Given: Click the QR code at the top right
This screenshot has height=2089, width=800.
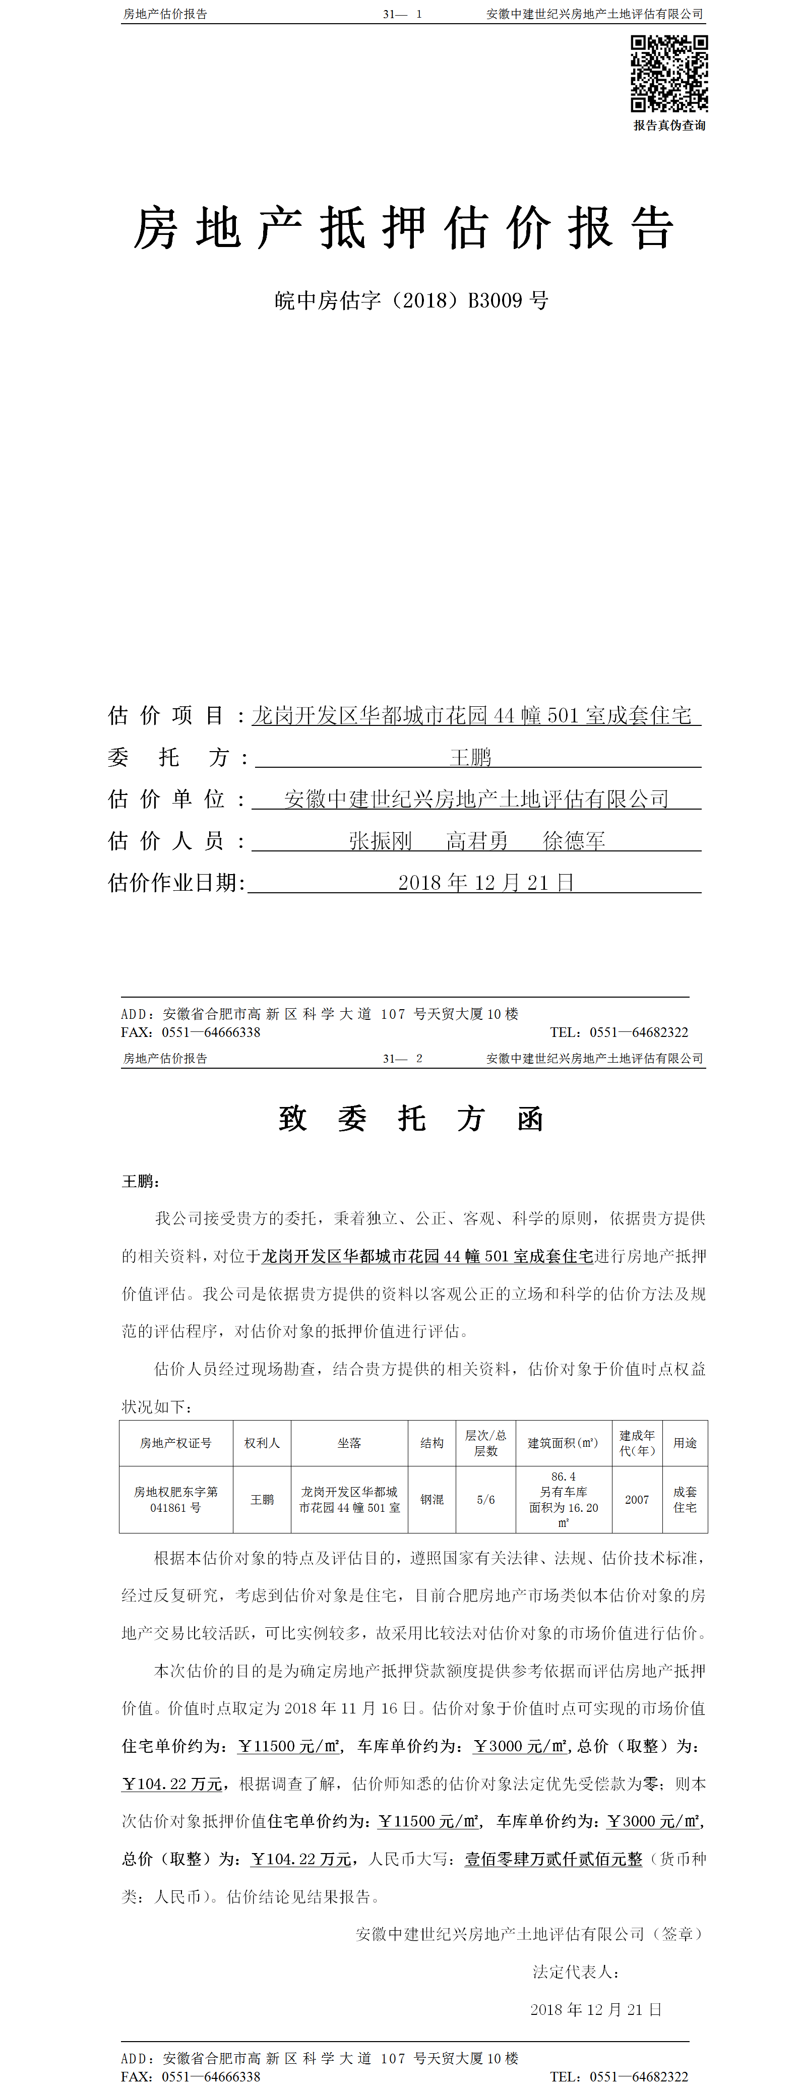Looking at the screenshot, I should pyautogui.click(x=669, y=73).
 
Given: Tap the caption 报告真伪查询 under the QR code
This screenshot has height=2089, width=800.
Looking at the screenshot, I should pyautogui.click(x=669, y=126).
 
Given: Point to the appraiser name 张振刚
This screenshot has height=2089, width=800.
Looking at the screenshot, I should pyautogui.click(x=380, y=841).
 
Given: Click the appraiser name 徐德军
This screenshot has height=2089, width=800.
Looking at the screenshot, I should pyautogui.click(x=574, y=841).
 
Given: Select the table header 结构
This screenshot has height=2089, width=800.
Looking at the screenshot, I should pyautogui.click(x=432, y=1443).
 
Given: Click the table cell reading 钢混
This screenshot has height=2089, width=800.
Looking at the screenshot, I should pyautogui.click(x=432, y=1499).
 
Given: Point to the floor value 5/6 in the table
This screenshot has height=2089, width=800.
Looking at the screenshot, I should pyautogui.click(x=485, y=1499).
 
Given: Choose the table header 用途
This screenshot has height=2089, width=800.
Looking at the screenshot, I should pyautogui.click(x=685, y=1443).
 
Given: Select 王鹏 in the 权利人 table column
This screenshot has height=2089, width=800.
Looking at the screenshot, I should pyautogui.click(x=262, y=1499).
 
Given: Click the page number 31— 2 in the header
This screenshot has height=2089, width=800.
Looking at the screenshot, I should pyautogui.click(x=403, y=1058).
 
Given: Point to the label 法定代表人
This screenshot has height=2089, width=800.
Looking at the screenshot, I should pyautogui.click(x=576, y=1972).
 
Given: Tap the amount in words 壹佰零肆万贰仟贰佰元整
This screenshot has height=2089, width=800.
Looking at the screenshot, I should pyautogui.click(x=553, y=1859).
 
